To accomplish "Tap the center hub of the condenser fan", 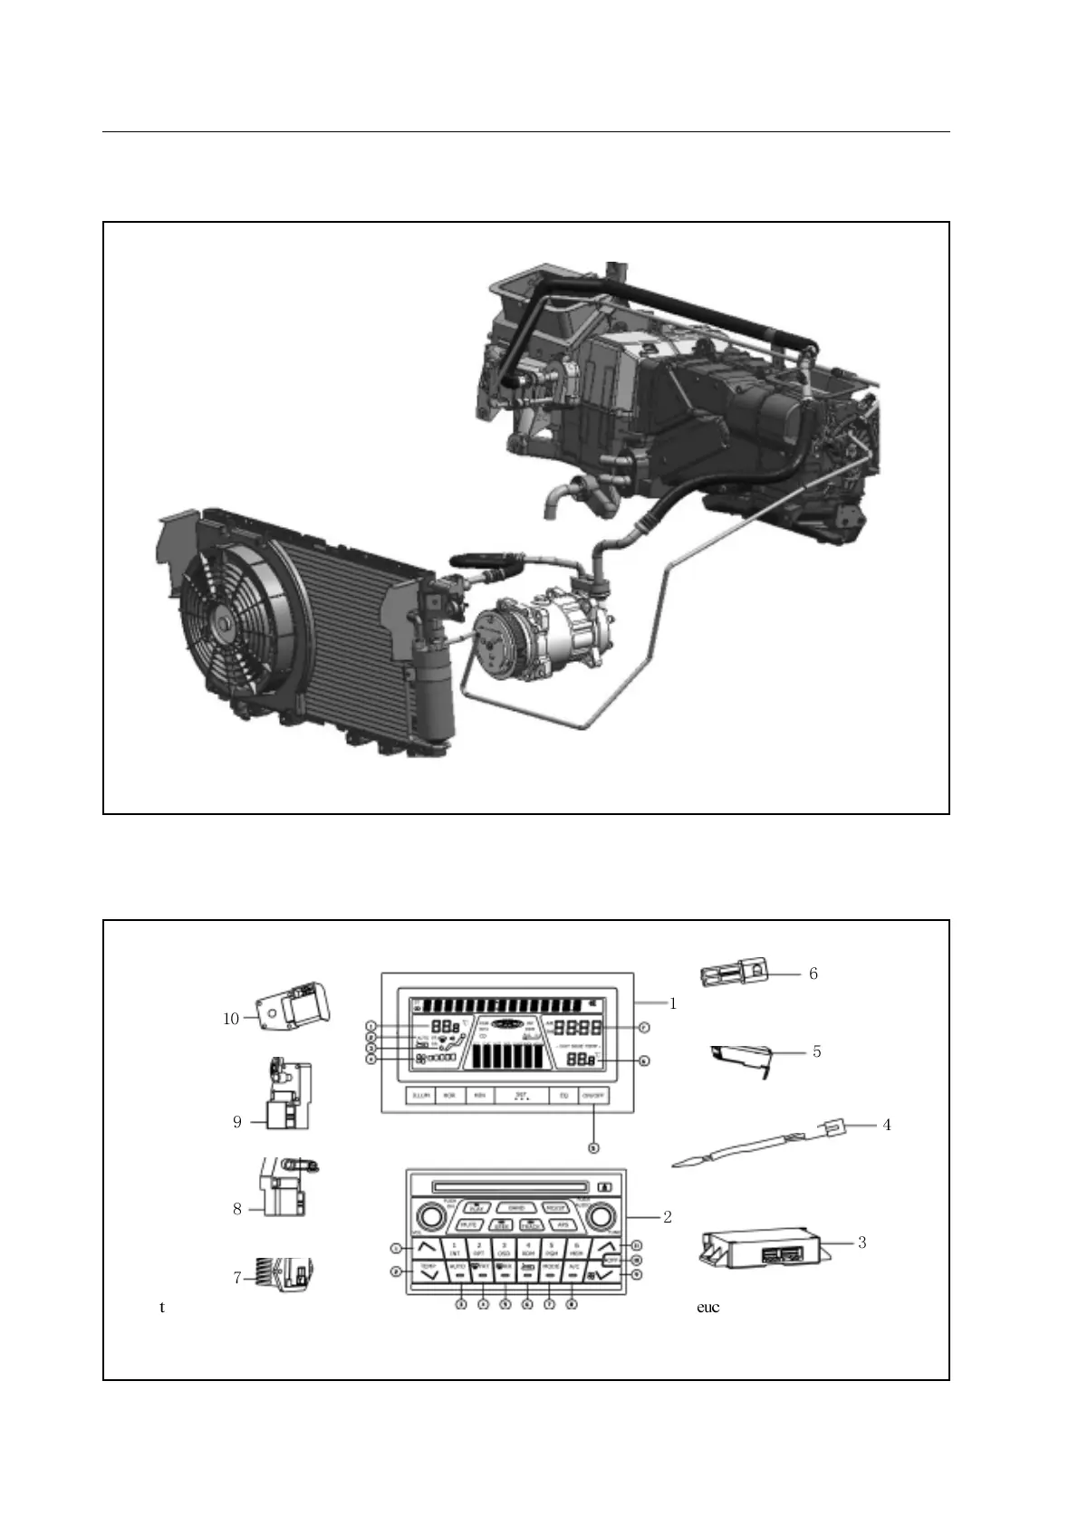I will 223,624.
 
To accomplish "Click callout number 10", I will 231,1019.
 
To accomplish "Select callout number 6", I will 813,974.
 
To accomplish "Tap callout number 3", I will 861,1242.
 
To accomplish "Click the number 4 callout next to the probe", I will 887,1125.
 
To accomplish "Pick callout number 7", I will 237,1278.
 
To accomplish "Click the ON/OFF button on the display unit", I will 594,1096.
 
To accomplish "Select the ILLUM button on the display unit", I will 420,1096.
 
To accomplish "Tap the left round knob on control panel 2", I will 423,1217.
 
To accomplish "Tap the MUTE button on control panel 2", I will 468,1225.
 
